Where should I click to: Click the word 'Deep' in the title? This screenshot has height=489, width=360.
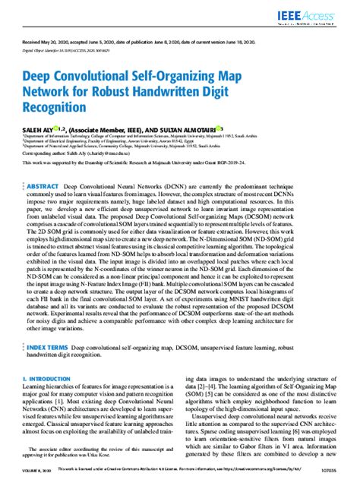click(x=39, y=76)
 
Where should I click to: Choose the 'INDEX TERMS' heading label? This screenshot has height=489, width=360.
click(x=49, y=348)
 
